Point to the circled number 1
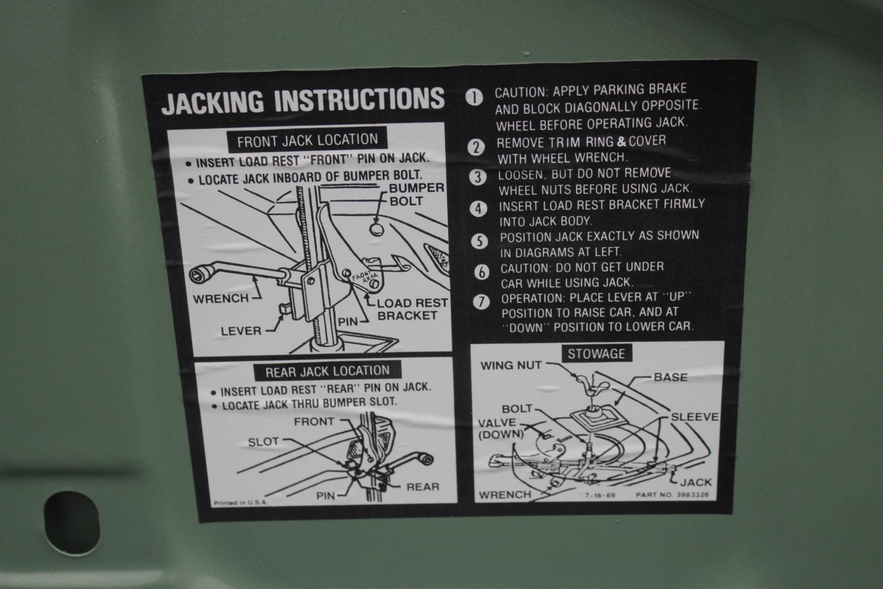(x=474, y=98)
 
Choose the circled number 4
(x=479, y=209)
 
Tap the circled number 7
(x=482, y=302)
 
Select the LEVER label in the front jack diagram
(x=241, y=331)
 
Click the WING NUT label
(x=511, y=365)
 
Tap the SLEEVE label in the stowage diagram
(x=694, y=417)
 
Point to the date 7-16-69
(x=600, y=496)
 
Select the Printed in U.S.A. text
(x=241, y=503)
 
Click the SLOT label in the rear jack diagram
(x=264, y=442)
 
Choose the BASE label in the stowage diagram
(x=671, y=377)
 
